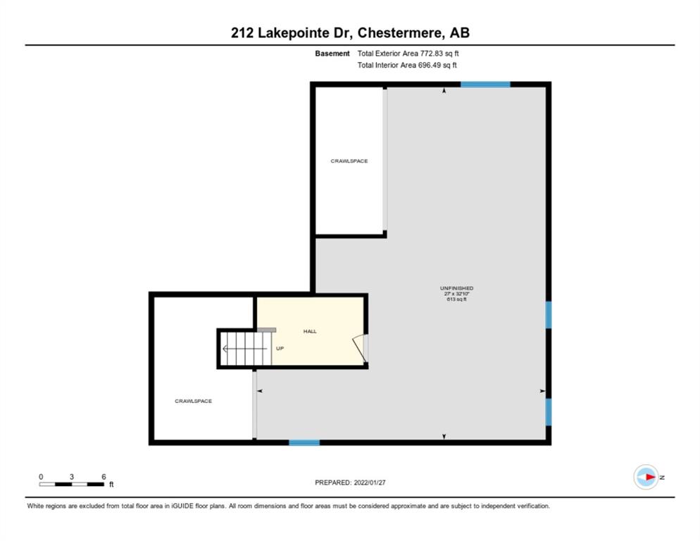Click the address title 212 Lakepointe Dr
pos(292,33)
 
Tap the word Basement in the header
pos(332,54)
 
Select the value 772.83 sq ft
pos(439,54)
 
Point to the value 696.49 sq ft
pos(437,66)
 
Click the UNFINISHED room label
pos(457,288)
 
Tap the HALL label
pos(310,331)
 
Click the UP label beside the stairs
pos(280,349)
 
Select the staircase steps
pos(246,349)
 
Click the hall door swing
pos(361,349)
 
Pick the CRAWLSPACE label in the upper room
pos(349,161)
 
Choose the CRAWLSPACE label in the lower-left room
pos(193,401)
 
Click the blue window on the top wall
pos(485,85)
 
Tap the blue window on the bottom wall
pos(304,442)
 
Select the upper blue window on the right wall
pos(549,315)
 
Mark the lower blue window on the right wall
pos(549,412)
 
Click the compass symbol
pos(646,477)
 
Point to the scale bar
pos(71,484)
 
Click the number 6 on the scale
pos(104,477)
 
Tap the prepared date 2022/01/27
pos(370,483)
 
